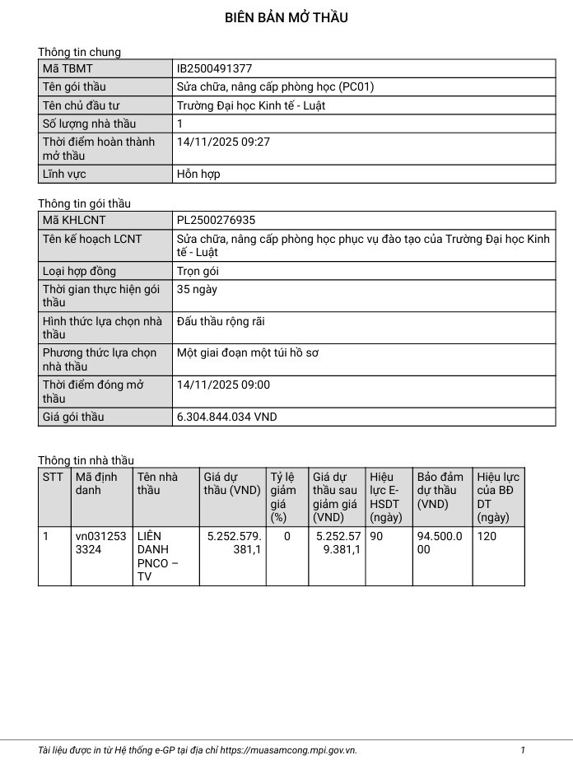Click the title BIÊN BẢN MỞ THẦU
coord(286,17)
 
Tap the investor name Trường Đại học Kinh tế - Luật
coord(267,105)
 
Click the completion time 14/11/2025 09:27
coord(223,142)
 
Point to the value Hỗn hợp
coord(198,174)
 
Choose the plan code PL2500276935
coord(217,220)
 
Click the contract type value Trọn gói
coord(198,271)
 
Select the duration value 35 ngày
coord(197,289)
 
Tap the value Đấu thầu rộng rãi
coord(221,321)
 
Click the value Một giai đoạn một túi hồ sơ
coord(248,352)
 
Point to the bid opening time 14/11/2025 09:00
coord(223,385)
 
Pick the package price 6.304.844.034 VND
coord(227,417)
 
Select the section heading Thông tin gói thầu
coord(84,203)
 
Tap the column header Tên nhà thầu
coord(157,483)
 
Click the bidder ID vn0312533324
coord(100,542)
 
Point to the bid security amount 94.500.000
coord(439,542)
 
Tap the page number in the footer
coord(522,750)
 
